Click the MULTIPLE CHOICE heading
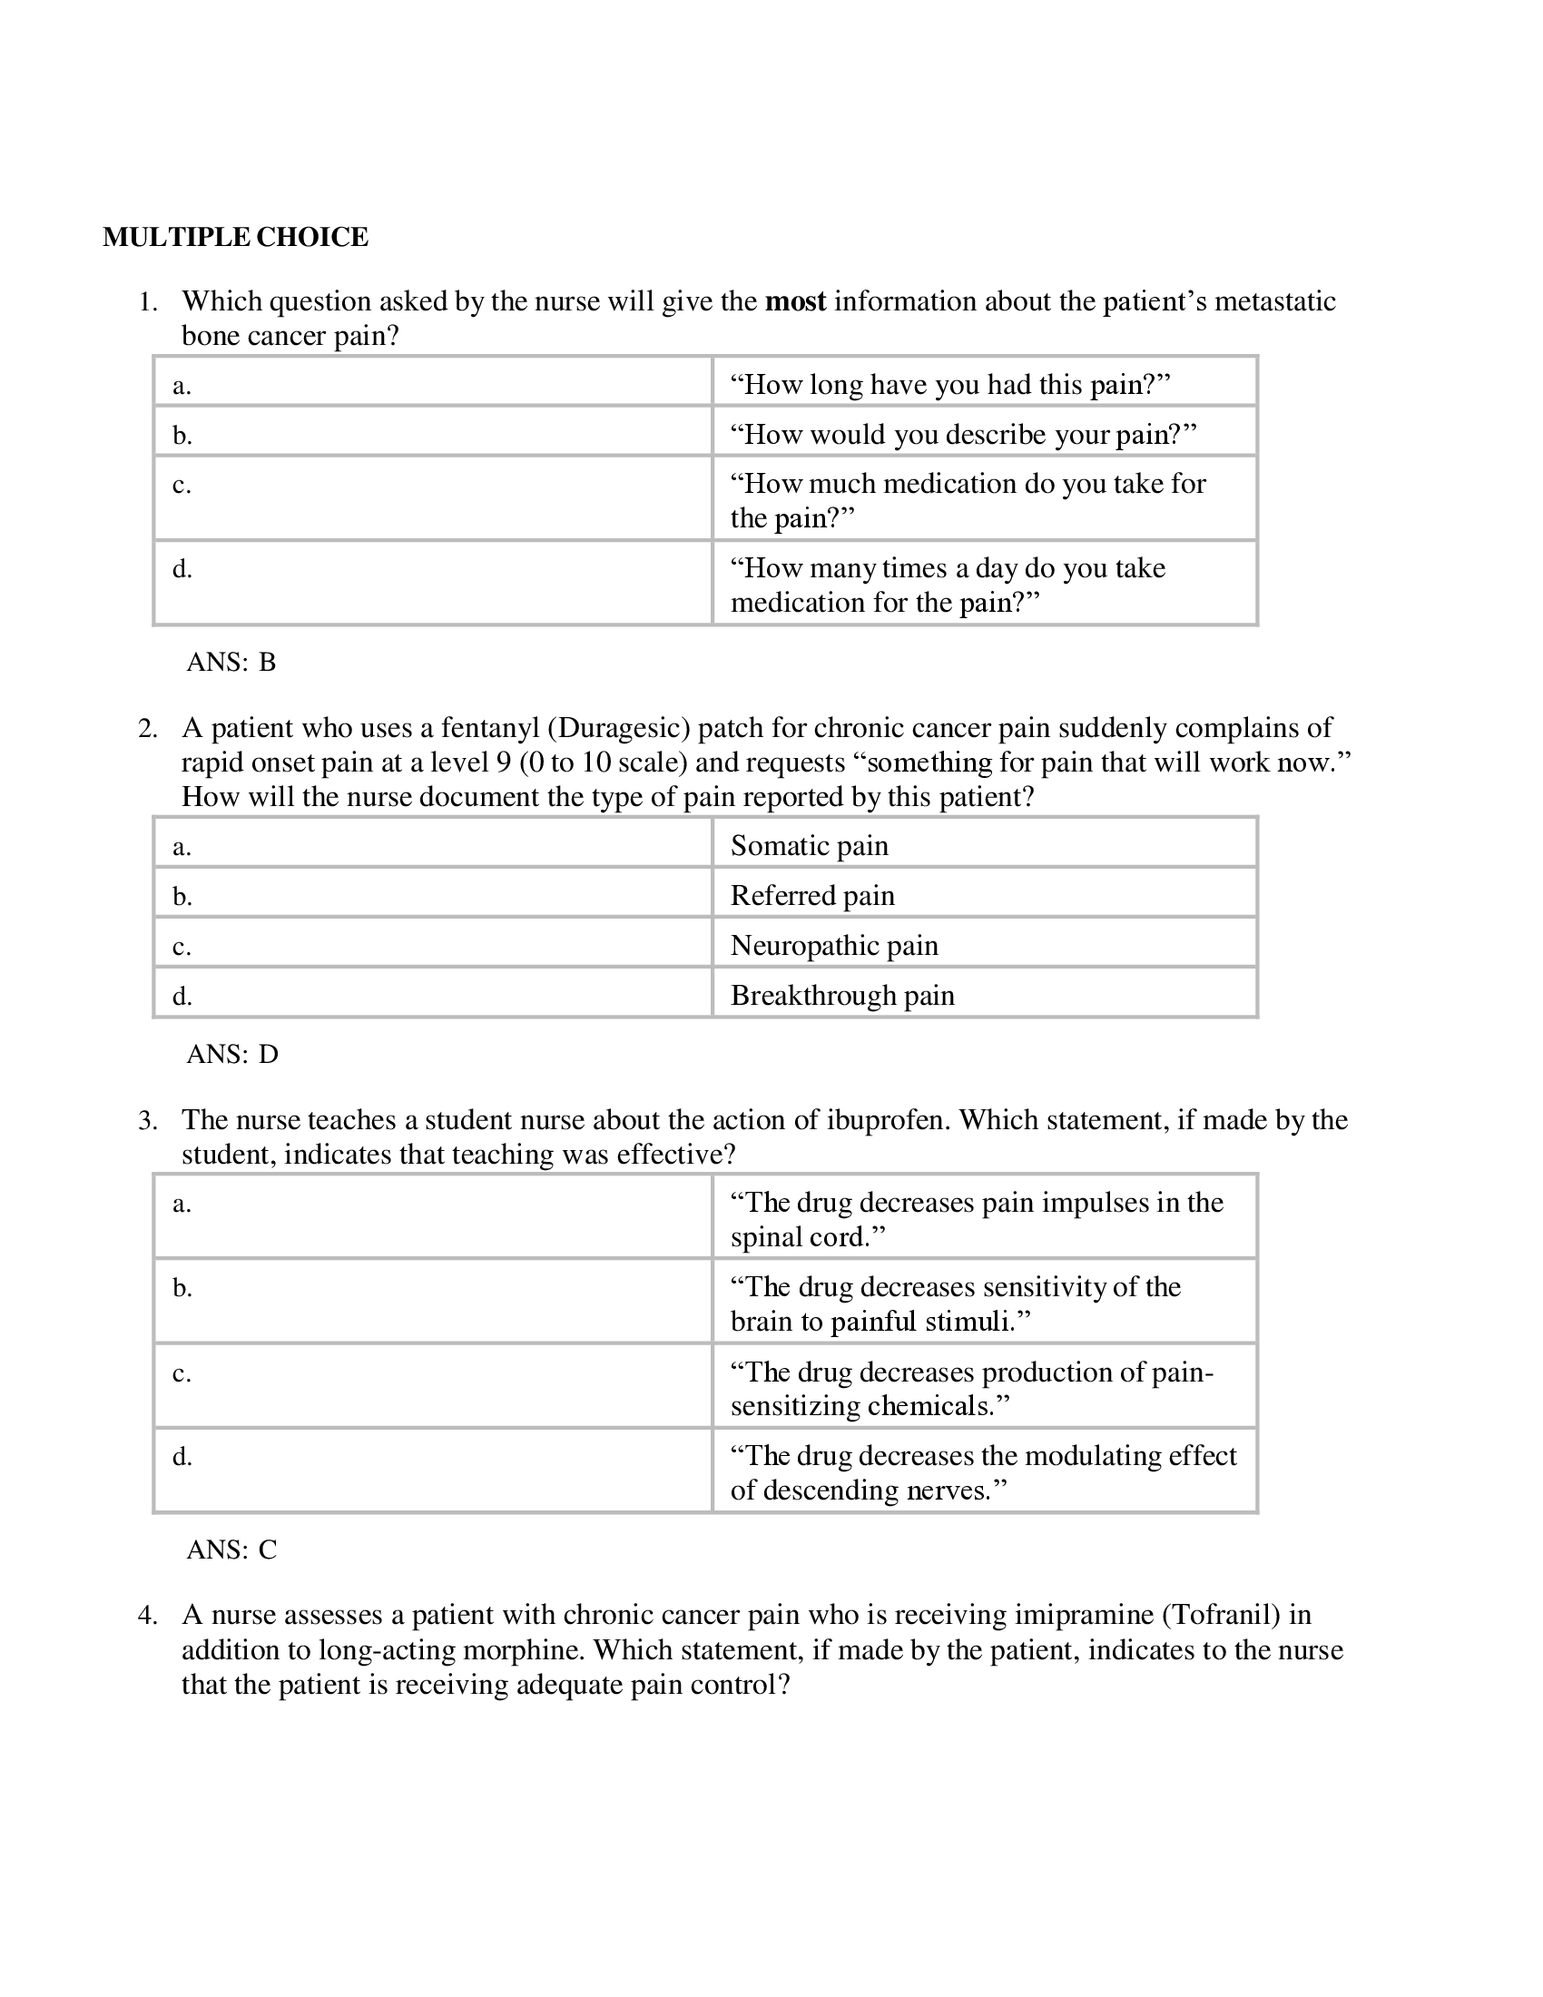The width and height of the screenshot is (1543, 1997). (x=235, y=238)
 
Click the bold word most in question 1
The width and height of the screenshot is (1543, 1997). (x=794, y=301)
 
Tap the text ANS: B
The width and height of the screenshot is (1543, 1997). (x=231, y=662)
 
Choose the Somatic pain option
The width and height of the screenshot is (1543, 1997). (x=809, y=846)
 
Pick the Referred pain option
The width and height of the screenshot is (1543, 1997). (x=811, y=895)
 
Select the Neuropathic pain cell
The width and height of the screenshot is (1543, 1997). (x=833, y=946)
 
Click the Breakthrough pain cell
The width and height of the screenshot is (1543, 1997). (x=842, y=995)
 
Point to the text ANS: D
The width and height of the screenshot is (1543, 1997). (x=232, y=1054)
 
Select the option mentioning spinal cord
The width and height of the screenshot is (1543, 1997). (x=976, y=1220)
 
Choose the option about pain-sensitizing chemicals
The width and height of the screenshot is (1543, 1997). (x=971, y=1388)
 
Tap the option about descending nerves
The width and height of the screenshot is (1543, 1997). (x=983, y=1472)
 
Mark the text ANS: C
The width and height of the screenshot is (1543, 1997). (x=231, y=1549)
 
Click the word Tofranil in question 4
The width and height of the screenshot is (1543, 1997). (x=1220, y=1615)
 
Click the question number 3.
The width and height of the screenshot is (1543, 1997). (x=147, y=1121)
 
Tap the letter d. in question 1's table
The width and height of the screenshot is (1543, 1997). (x=182, y=570)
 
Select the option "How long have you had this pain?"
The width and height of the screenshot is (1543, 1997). (x=949, y=385)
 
